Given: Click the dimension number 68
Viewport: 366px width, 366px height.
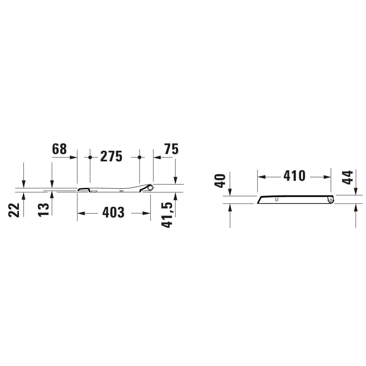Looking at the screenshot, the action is (x=59, y=149).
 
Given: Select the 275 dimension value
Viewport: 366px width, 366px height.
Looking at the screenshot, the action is (x=111, y=157).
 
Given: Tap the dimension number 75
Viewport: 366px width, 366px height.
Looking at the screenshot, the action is (x=171, y=149).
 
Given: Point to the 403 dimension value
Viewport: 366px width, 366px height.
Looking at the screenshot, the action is (x=113, y=212).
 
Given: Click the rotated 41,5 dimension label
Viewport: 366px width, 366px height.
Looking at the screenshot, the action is (x=167, y=215).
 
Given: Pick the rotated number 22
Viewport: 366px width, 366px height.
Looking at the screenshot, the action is (x=14, y=210).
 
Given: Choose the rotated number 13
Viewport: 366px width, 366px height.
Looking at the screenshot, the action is (x=44, y=210).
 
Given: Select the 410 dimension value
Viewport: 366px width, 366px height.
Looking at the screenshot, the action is (x=295, y=176).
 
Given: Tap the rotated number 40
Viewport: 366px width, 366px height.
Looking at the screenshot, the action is (x=220, y=181).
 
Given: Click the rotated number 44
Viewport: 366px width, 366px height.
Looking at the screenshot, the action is (x=347, y=178).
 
